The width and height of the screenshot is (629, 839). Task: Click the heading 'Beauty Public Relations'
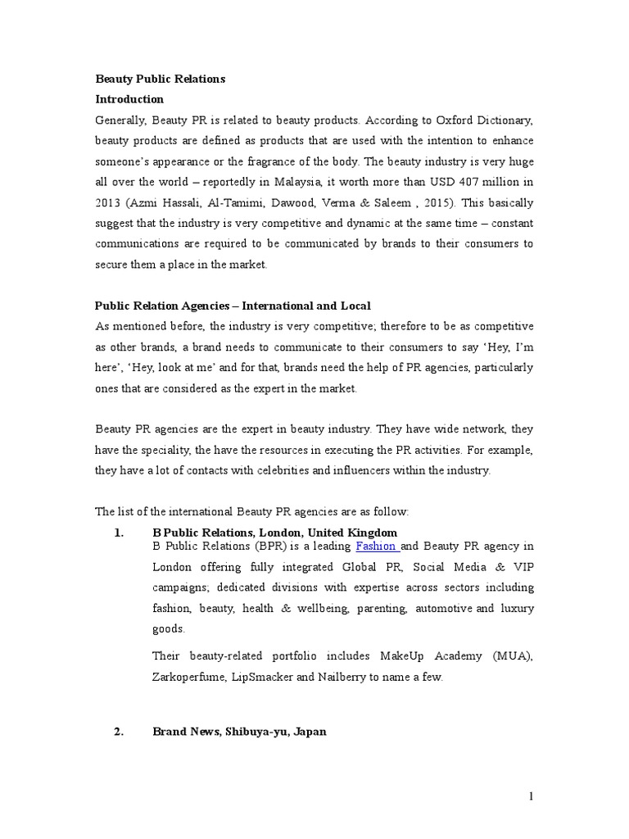pos(160,79)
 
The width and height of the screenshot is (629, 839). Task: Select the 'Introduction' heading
pos(129,99)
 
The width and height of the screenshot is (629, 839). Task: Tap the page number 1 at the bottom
pos(531,796)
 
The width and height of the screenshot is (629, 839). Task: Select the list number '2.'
pos(118,732)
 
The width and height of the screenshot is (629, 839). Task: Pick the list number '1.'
pos(118,533)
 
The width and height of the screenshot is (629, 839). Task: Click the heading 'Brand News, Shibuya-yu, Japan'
pos(239,732)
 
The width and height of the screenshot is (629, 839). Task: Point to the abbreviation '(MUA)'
pos(514,656)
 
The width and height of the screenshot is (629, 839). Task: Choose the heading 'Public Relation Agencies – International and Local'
pos(233,306)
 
